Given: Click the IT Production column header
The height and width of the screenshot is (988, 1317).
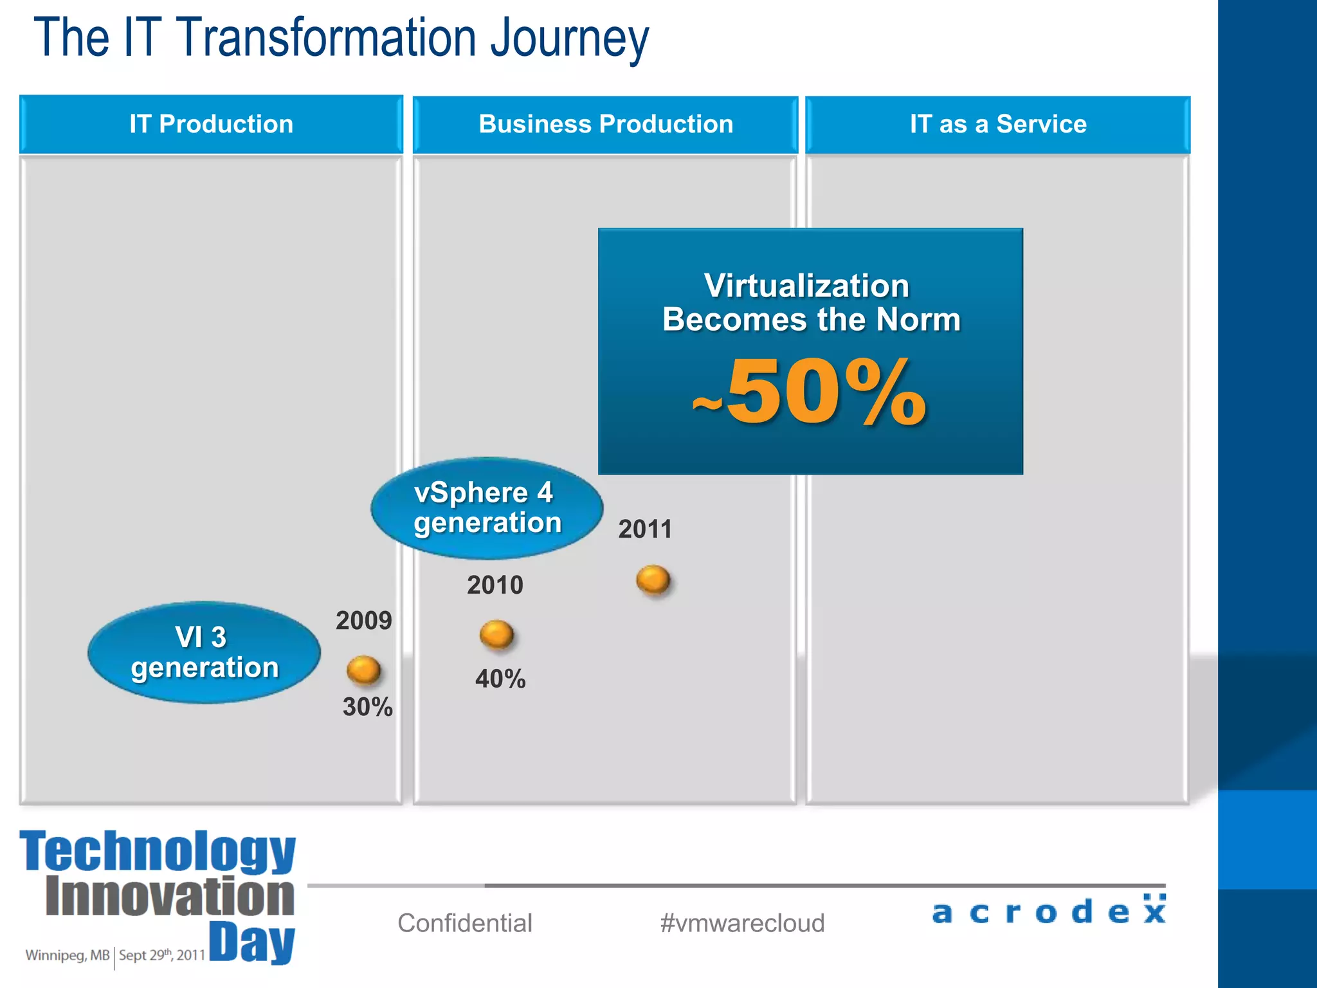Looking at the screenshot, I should tap(211, 124).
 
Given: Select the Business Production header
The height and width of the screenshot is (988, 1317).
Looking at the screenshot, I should tap(605, 124).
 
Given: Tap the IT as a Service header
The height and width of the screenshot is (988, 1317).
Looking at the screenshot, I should tap(997, 124).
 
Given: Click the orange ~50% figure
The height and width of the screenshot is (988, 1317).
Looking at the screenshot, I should tap(810, 392).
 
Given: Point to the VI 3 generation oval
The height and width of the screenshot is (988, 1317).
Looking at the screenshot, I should tap(204, 652).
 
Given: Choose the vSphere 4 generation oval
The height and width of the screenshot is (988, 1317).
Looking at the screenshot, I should tap(487, 508).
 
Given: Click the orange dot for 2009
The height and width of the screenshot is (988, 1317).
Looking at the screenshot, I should tap(363, 670).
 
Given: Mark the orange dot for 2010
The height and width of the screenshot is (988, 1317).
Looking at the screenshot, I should tap(496, 634).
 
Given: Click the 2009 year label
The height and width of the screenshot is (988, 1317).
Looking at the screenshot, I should tap(363, 621).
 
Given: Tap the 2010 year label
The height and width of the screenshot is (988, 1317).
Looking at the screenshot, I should tap(495, 585).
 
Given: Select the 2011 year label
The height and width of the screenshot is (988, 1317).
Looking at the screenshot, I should tap(645, 529).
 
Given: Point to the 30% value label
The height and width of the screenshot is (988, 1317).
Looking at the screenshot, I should tap(367, 707).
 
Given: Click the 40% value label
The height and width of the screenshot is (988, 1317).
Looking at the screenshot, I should tap(500, 679).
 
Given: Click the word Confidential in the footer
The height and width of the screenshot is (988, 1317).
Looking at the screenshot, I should tap(465, 923).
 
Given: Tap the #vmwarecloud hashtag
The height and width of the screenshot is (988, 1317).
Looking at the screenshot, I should tap(742, 923).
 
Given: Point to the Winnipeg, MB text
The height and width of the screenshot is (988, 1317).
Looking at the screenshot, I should tap(68, 955).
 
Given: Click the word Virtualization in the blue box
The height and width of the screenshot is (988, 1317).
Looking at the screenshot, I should tap(806, 286).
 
